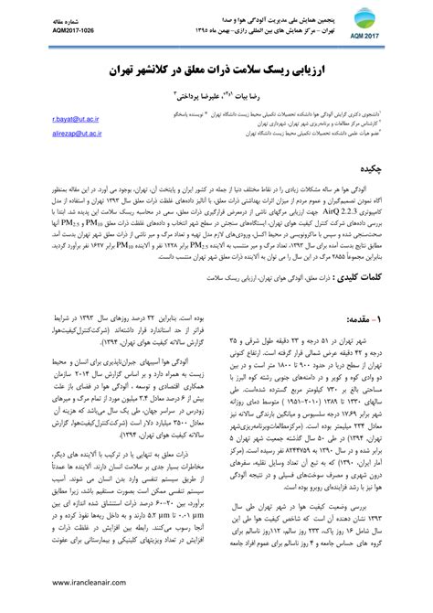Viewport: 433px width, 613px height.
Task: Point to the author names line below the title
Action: click(x=216, y=93)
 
